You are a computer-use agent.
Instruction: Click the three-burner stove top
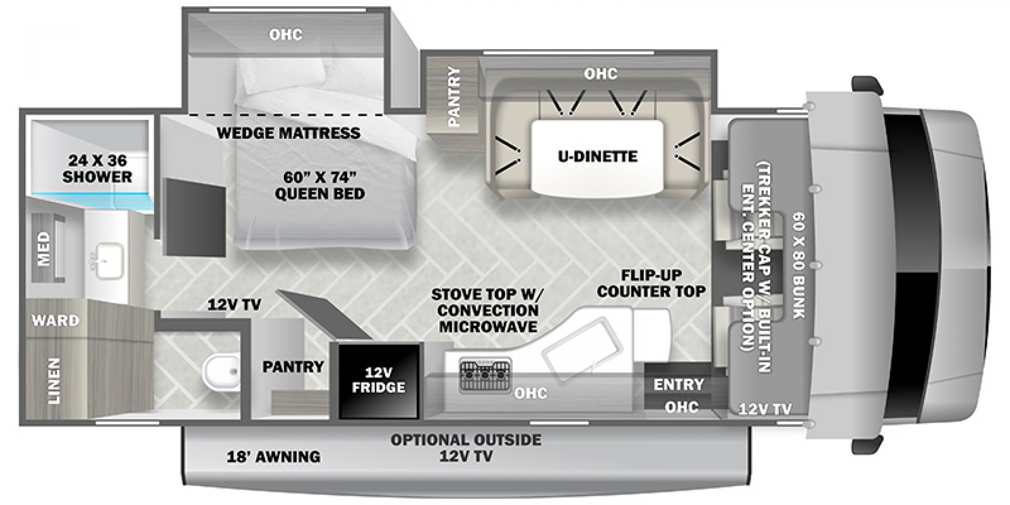[486, 375]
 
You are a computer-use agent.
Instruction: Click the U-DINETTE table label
[598, 156]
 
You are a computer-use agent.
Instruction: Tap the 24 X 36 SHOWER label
[97, 168]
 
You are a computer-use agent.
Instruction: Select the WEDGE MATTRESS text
[288, 133]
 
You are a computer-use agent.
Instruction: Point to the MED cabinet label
[44, 249]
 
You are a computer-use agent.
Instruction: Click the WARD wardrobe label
[55, 320]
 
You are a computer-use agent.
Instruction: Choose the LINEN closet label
[55, 381]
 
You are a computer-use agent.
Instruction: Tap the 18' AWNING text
[274, 456]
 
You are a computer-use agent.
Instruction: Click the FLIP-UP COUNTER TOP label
[651, 283]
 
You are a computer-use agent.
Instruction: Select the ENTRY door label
[679, 384]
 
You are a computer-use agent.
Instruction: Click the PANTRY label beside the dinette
[453, 97]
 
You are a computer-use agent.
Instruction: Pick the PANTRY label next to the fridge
[293, 366]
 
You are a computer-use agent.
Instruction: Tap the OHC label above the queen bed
[286, 35]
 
